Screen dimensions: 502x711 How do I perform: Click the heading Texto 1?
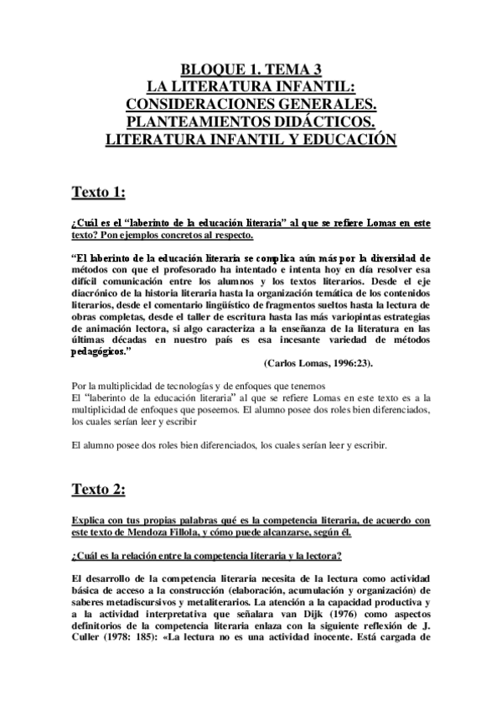[98, 192]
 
